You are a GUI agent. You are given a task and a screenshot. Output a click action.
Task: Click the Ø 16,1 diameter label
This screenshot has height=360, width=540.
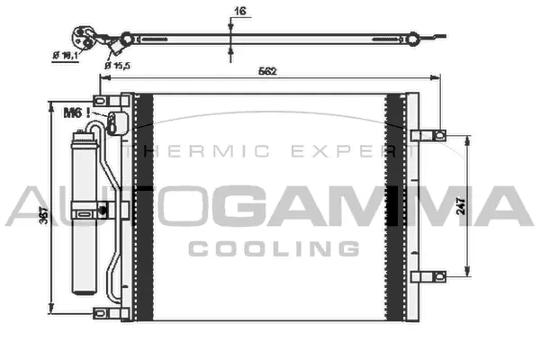click(x=66, y=55)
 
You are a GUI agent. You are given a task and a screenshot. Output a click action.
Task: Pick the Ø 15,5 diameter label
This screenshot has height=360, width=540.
click(x=118, y=65)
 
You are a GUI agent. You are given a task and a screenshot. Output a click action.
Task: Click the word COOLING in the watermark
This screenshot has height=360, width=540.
click(x=274, y=248)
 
